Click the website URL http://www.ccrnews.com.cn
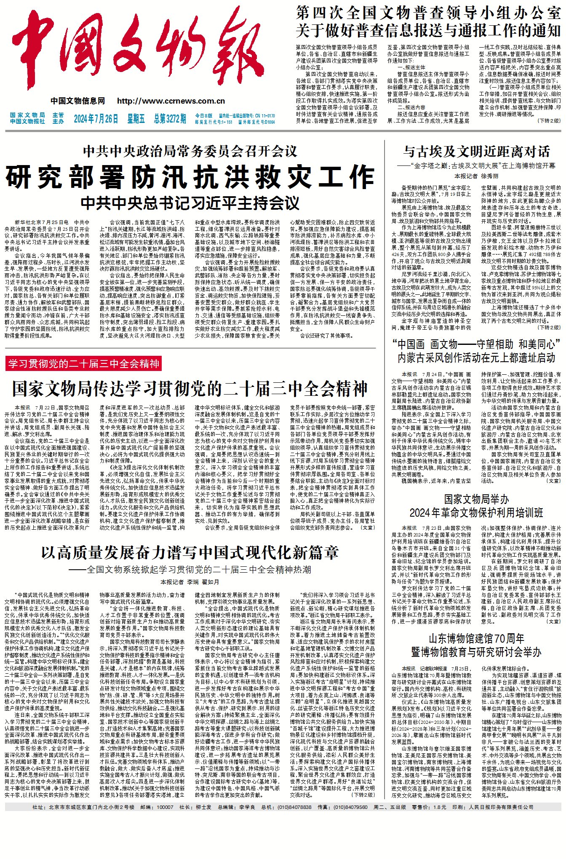click(171, 101)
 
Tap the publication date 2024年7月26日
click(96, 119)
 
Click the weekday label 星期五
click(136, 119)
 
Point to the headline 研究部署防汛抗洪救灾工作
click(190, 177)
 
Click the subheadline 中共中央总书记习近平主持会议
click(190, 203)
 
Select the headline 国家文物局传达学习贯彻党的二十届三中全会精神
click(190, 389)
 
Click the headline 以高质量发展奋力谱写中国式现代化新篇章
click(190, 553)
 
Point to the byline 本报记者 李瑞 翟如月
click(190, 582)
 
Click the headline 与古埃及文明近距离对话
click(476, 151)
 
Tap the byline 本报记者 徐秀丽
click(476, 176)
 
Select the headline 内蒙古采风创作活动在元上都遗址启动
click(476, 358)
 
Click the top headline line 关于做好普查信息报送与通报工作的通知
click(428, 31)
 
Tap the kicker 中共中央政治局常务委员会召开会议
click(190, 151)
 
